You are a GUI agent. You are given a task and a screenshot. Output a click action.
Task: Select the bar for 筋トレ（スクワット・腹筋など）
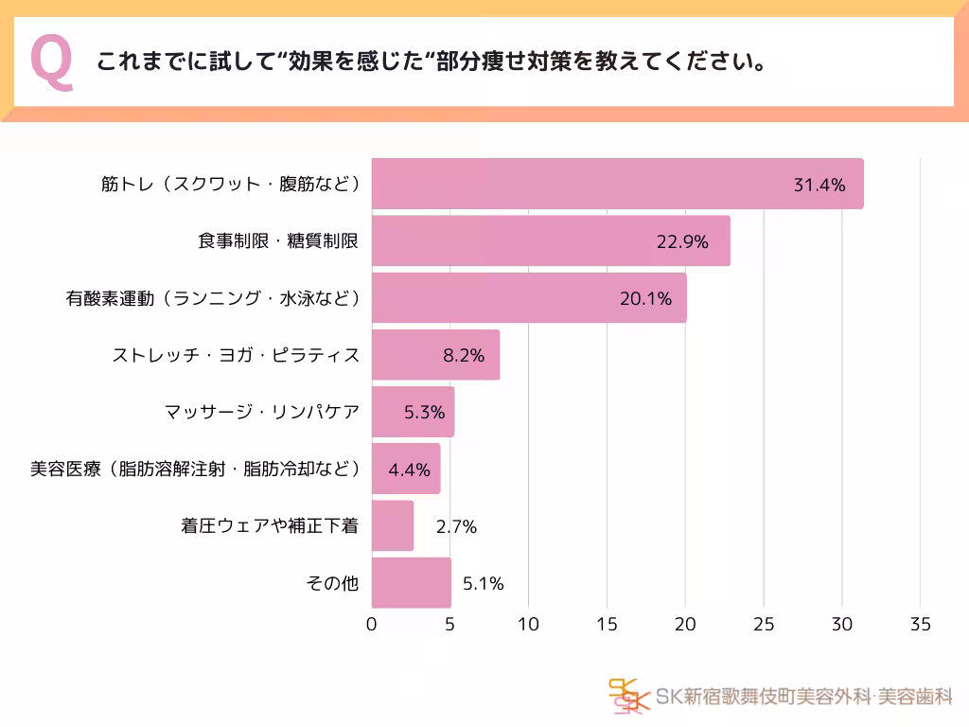[x=616, y=184]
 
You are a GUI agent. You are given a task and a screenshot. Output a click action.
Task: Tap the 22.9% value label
[x=682, y=241]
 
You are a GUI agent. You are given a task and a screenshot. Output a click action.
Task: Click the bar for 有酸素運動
[x=528, y=298]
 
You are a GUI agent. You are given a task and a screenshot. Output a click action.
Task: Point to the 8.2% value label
[x=464, y=356]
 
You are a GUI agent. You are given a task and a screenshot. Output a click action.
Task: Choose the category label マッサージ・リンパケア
[x=262, y=412]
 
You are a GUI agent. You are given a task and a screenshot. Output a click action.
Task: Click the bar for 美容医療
[x=405, y=469]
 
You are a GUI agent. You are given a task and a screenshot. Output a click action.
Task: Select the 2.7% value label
[x=456, y=526]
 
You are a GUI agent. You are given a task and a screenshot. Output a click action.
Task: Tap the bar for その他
[x=411, y=583]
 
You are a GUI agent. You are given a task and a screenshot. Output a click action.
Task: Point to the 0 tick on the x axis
[x=371, y=625]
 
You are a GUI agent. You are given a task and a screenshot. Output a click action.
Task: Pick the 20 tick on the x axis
[x=685, y=625]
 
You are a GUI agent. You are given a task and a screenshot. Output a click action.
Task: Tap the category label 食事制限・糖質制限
[x=278, y=240]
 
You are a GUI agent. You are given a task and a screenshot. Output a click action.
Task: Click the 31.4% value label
[x=819, y=185]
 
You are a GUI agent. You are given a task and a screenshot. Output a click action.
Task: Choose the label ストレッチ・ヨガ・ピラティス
[x=236, y=355]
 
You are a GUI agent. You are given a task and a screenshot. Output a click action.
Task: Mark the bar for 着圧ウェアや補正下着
[x=392, y=526]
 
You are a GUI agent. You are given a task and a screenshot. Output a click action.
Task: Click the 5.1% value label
[x=483, y=583]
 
